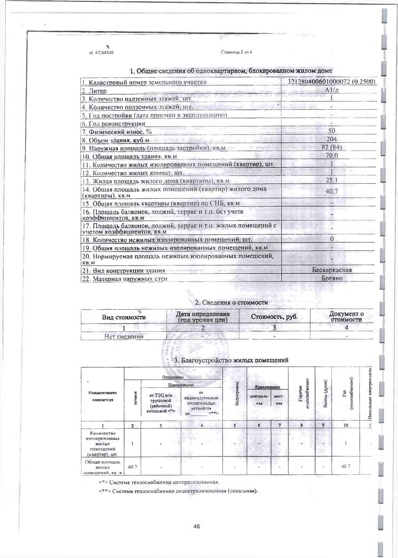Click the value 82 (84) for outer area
331,148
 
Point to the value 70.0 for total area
331,156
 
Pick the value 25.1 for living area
331,180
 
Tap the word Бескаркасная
331,270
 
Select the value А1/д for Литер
331,90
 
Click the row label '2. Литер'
94,91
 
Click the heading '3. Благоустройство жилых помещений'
231,360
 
